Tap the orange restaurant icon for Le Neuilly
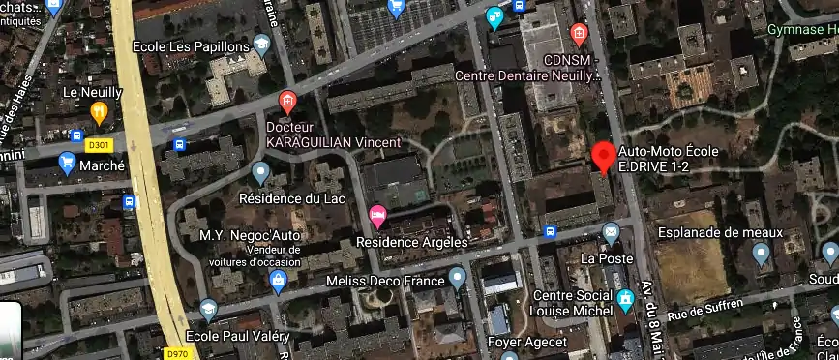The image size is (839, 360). tap(98, 113)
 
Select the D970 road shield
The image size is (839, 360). tap(176, 353)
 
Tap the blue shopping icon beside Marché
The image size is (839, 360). tap(67, 165)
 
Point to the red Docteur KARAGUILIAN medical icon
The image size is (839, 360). tap(286, 101)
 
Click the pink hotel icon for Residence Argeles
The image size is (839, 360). tap(377, 214)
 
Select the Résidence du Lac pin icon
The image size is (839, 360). tap(259, 173)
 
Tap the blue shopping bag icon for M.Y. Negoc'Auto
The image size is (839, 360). tap(279, 282)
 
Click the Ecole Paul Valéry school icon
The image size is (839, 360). tap(208, 310)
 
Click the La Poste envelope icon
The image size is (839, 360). tap(611, 232)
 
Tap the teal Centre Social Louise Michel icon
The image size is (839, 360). tap(625, 298)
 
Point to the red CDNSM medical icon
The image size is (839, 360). tap(579, 36)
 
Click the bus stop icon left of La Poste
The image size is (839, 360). tap(550, 230)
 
